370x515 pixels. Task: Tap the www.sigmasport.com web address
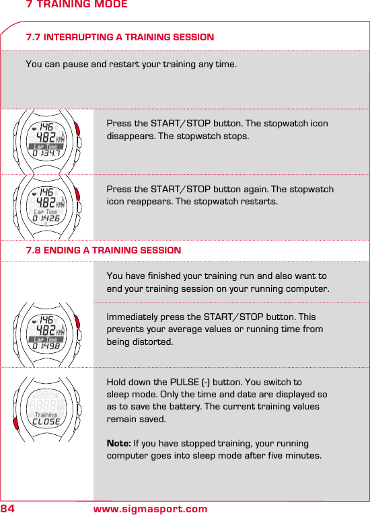coord(150,508)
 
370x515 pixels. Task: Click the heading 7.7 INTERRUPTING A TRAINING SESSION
coord(120,37)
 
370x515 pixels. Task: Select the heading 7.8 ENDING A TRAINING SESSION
coord(103,250)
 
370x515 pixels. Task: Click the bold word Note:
coord(119,444)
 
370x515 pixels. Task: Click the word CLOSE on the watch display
coord(46,422)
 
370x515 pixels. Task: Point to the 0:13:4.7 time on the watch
coord(46,156)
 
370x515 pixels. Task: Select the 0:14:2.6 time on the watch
coord(46,219)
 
